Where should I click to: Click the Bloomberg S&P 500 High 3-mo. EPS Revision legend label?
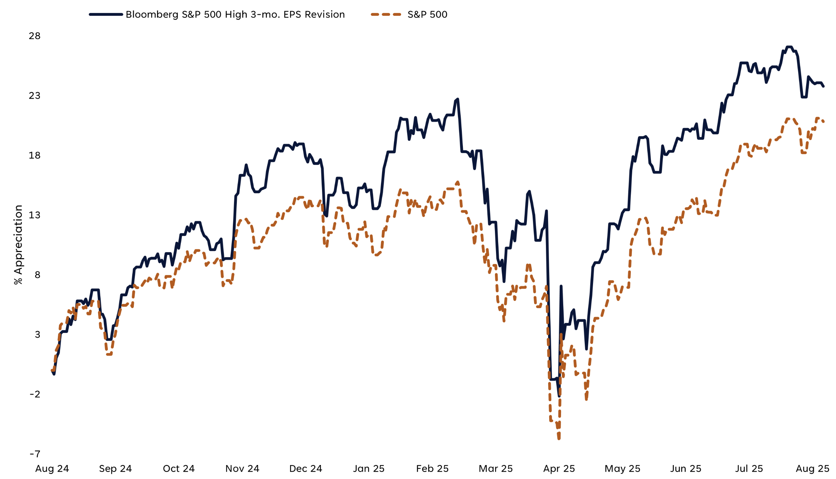pos(235,14)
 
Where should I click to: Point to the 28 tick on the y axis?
pos(35,36)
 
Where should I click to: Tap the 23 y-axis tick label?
pos(35,96)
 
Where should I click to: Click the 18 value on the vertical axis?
pos(35,155)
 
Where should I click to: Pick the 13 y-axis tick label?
pos(35,215)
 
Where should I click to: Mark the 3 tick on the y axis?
pos(37,334)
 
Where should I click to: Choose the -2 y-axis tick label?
pos(35,394)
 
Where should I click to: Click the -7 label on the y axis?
pos(35,454)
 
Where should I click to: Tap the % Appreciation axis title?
pos(18,245)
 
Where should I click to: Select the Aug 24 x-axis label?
pos(52,469)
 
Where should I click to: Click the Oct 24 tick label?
pos(179,469)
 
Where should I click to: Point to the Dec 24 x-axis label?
pos(306,469)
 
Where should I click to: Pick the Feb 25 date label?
pos(432,469)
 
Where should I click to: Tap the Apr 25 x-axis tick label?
pos(559,469)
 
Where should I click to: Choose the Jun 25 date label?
pos(686,469)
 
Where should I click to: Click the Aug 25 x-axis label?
pos(813,469)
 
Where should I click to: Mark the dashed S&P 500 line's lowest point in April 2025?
pos(559,438)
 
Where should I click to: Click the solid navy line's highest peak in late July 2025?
pos(789,47)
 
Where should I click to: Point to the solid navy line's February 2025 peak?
pos(458,99)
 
